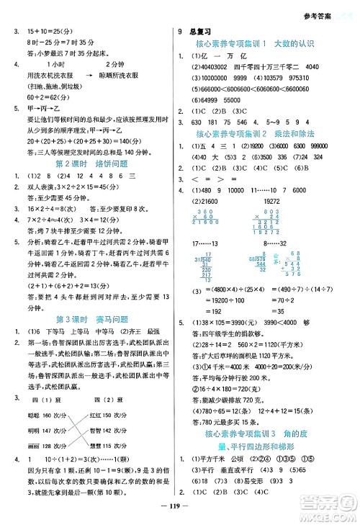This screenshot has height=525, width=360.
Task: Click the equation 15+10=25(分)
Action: pos(42,32)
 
